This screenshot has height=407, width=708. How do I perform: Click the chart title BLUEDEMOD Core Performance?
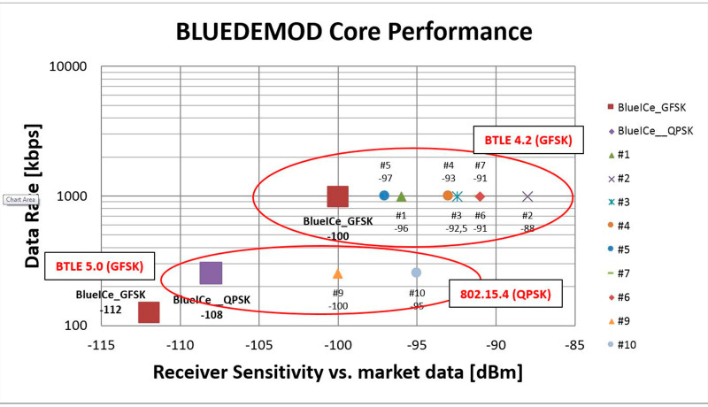point(353,32)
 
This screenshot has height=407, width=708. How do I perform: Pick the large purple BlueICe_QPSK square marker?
point(211,273)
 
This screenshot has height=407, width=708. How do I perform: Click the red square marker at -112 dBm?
point(149,312)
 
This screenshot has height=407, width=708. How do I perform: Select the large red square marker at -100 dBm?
point(337,196)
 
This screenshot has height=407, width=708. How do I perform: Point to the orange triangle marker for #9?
point(337,273)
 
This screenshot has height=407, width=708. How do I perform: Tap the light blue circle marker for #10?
point(416,273)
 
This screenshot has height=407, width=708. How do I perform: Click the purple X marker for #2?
point(527,196)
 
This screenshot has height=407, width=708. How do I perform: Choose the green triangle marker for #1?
point(401,196)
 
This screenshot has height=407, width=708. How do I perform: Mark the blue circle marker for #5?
point(384,196)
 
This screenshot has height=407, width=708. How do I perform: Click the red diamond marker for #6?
point(481,196)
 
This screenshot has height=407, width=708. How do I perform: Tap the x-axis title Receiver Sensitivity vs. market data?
point(337,372)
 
